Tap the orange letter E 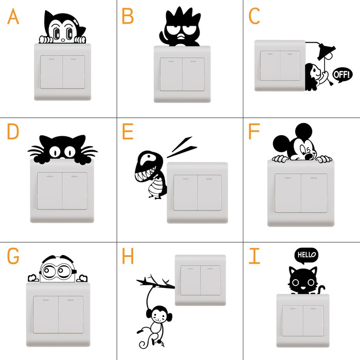click(128, 132)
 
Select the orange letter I click(254, 255)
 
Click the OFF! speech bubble click(342, 74)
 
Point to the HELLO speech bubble click(306, 254)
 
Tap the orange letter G click(13, 256)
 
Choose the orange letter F click(254, 132)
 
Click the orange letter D click(13, 132)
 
